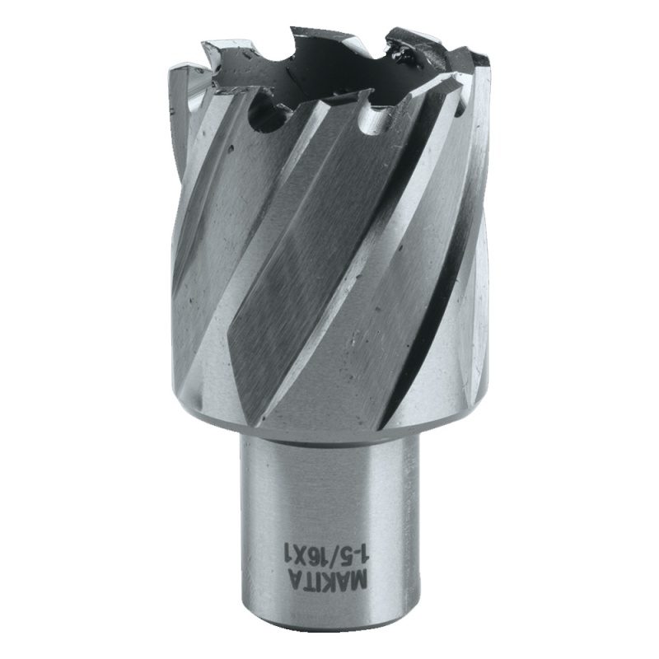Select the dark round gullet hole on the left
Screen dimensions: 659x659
click(x=265, y=116)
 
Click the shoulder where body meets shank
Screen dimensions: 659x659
click(x=329, y=428)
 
